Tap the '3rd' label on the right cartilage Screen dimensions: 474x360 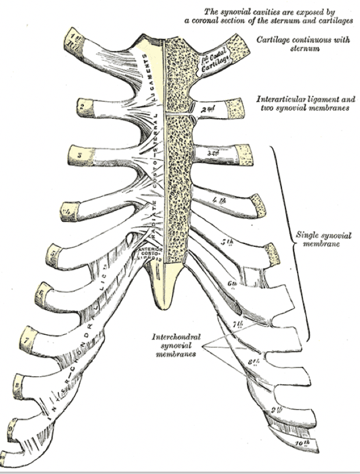213,153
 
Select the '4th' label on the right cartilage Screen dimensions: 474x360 218,200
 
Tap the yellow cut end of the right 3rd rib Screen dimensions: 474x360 245,155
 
